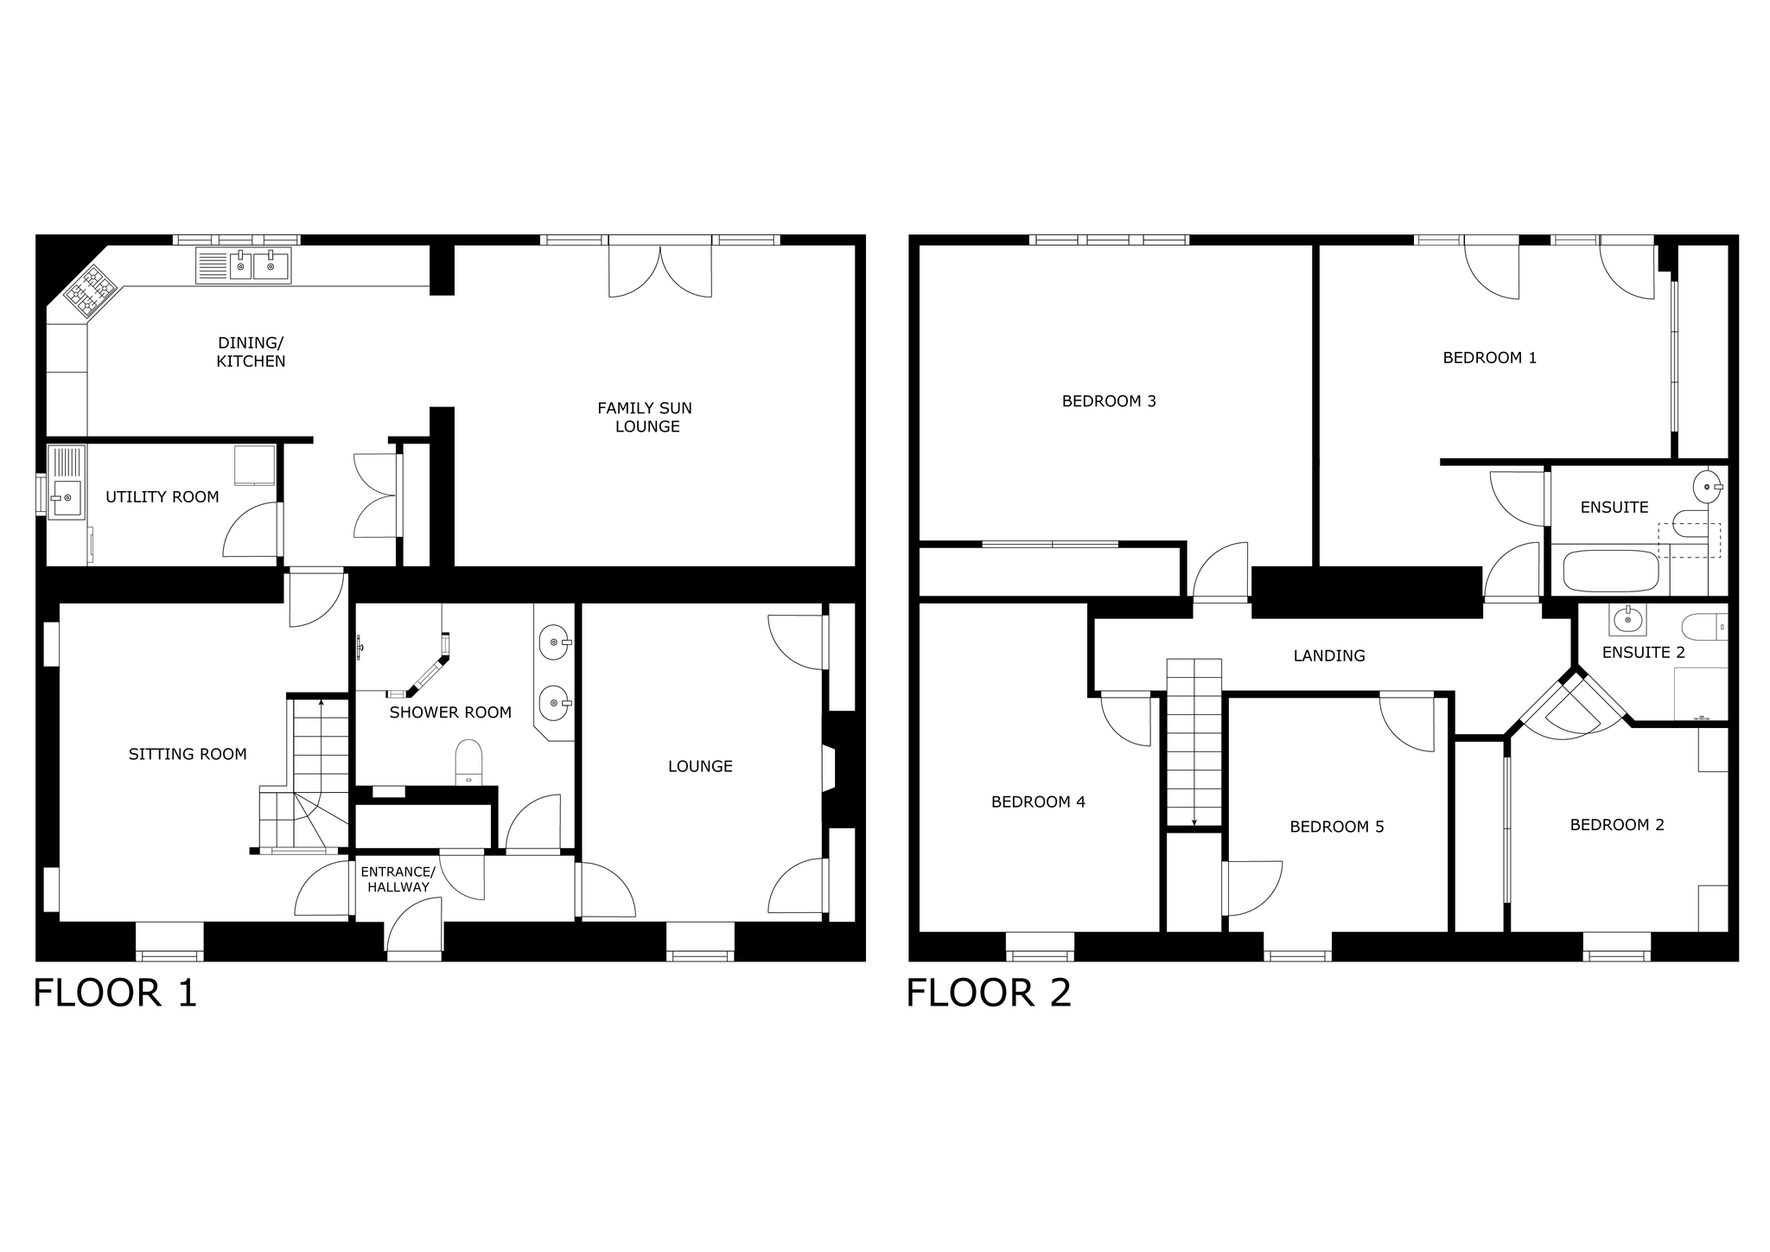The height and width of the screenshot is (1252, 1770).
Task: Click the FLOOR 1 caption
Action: (x=115, y=993)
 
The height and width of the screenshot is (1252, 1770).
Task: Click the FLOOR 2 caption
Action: (x=989, y=993)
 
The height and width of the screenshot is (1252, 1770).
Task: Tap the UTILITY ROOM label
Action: (x=162, y=497)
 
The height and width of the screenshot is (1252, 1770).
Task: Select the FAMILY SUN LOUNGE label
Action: (x=646, y=417)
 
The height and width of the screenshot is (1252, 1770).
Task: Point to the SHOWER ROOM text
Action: (x=450, y=712)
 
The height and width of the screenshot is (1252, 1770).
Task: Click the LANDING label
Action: (x=1329, y=656)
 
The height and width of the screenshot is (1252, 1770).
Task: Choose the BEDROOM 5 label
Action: (x=1337, y=827)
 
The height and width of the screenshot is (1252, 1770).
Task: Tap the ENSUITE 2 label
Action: (x=1644, y=653)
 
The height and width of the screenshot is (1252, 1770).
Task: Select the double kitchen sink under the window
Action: (x=244, y=265)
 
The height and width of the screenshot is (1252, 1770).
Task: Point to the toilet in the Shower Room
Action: (x=468, y=762)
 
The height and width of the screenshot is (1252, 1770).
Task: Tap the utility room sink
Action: (x=67, y=482)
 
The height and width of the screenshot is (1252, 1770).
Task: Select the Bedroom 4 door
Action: (x=1126, y=719)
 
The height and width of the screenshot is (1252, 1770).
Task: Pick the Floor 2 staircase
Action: (x=1194, y=743)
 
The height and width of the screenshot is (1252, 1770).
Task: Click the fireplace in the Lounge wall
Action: (x=830, y=769)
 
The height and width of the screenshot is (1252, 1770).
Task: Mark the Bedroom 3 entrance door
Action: (x=1220, y=570)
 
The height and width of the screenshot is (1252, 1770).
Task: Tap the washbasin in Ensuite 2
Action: (x=1628, y=619)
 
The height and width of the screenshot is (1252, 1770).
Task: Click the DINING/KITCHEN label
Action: (x=251, y=352)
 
